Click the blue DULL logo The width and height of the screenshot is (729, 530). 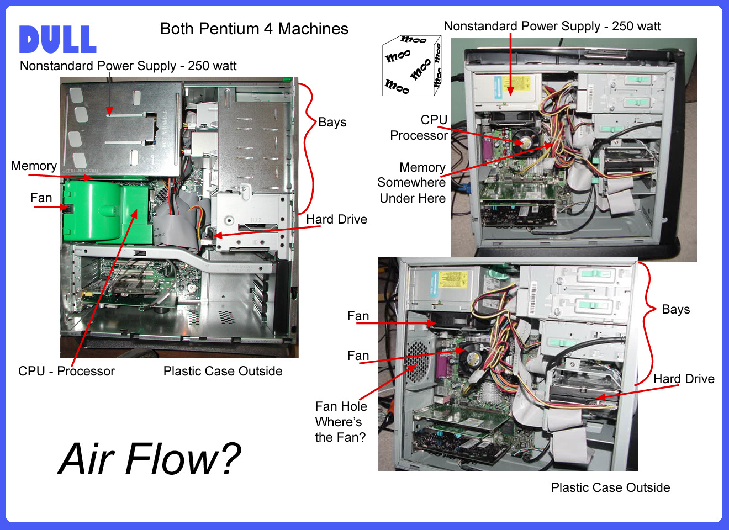pos(57,40)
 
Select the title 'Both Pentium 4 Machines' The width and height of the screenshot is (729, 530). pos(254,29)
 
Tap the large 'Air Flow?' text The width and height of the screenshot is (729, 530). pos(150,459)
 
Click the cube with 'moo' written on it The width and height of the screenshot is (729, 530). pos(412,66)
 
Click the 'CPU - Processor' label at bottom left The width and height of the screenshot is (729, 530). pos(66,371)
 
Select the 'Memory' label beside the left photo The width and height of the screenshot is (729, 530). pos(34,166)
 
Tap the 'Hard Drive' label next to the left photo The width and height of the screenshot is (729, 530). pos(336,219)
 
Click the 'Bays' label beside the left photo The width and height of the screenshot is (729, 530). pos(332,122)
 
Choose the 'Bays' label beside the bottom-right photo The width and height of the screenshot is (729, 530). pos(675,309)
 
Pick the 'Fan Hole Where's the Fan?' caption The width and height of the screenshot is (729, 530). pos(341,422)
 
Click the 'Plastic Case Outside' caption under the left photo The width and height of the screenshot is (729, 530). pos(223,371)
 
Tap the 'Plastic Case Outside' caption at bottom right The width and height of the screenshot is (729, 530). pos(610,487)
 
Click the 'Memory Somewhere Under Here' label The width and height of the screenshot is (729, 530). pos(412,183)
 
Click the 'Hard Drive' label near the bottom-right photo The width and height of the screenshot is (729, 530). pos(684,379)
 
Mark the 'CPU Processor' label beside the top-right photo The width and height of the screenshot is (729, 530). pos(419,128)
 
